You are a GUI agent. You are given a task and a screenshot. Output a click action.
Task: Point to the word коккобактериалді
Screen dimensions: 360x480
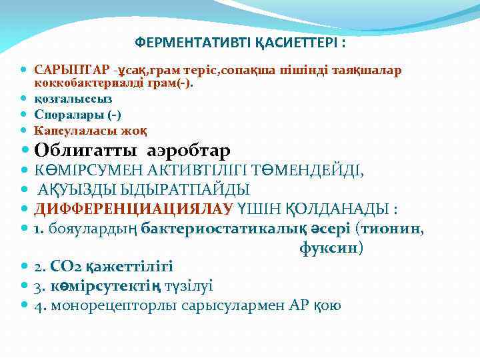pyautogui.click(x=89, y=83)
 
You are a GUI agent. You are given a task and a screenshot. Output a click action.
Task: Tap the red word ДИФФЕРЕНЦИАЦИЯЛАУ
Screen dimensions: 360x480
pyautogui.click(x=133, y=209)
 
